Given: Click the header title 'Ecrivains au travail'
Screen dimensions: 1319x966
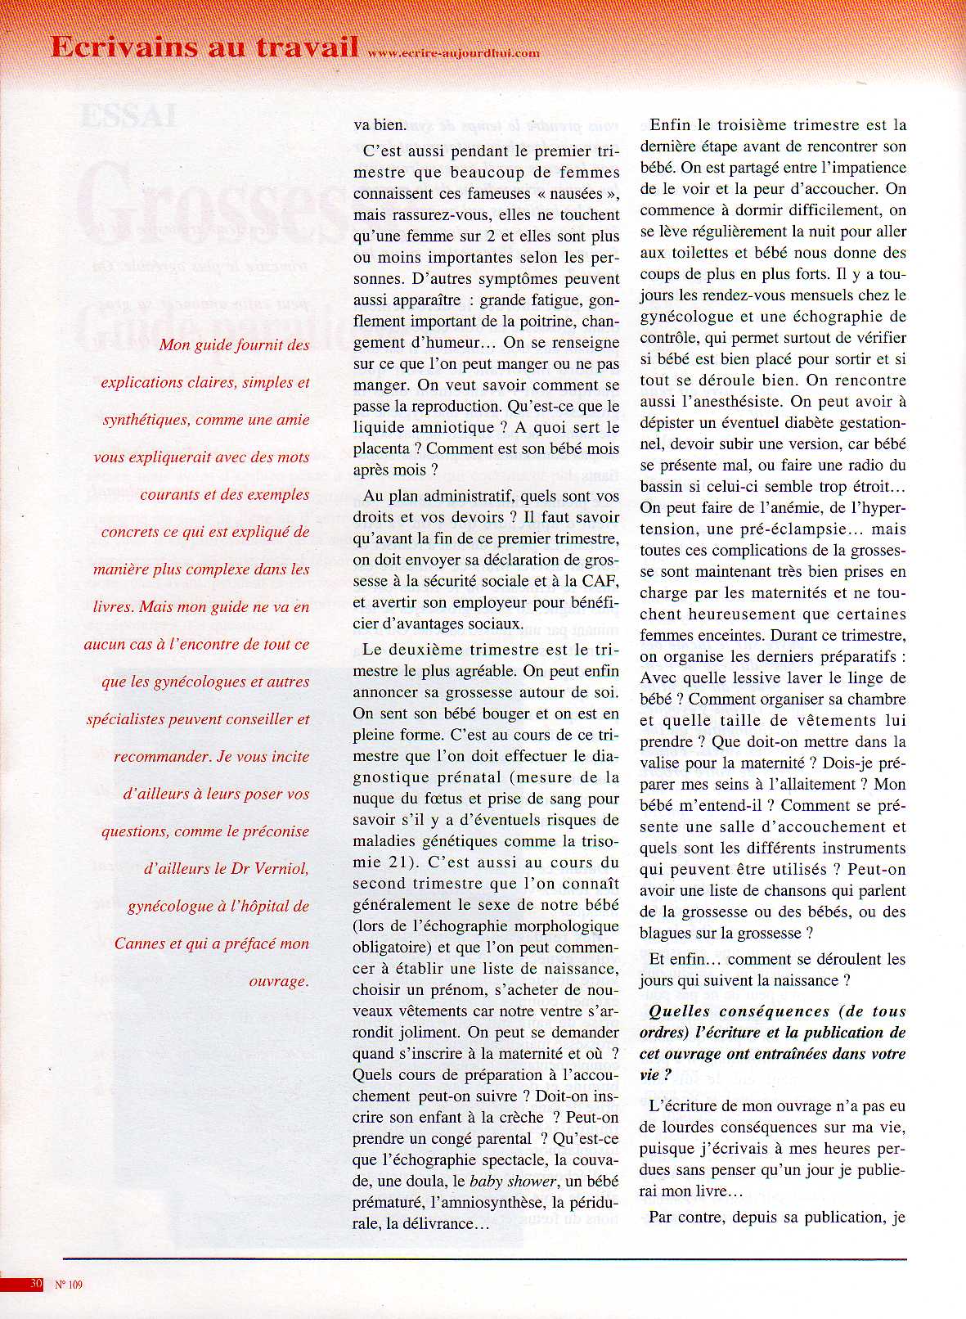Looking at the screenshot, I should pos(204,47).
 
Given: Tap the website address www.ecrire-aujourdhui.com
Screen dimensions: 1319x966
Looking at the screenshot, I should pos(453,53).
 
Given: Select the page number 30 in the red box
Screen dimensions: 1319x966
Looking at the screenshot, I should pos(35,1284).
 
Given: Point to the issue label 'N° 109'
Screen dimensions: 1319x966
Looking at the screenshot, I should pos(69,1285).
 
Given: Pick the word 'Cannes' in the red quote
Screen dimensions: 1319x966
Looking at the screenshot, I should pos(140,943).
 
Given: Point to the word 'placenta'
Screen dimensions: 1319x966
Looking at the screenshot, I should pos(381,448).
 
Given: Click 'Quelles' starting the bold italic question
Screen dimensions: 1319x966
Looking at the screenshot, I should pos(677,1011).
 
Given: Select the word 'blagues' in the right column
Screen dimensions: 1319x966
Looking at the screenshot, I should pos(668,933).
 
